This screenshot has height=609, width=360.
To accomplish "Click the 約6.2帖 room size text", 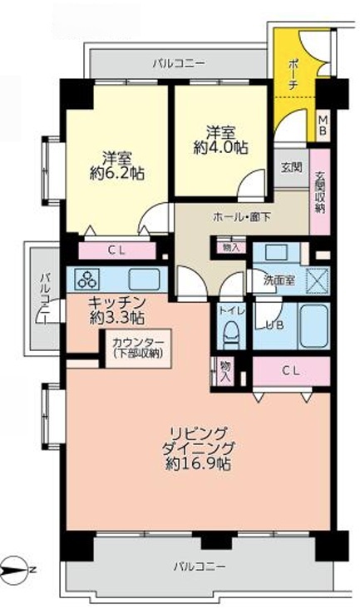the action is [117, 173].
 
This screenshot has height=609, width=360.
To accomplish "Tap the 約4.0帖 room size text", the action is [220, 147].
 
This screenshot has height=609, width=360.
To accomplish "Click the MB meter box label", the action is [323, 126].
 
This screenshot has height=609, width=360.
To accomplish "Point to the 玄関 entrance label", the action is [292, 168].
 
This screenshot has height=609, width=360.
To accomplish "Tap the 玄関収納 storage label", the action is [319, 192].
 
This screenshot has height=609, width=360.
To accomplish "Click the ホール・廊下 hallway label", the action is [242, 217].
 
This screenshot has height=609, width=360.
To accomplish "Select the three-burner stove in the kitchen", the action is [88, 279].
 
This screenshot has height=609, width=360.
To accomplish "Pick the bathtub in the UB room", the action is [314, 326].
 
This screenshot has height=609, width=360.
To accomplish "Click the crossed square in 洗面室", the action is [318, 281].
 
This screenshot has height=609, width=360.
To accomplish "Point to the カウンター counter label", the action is [138, 342].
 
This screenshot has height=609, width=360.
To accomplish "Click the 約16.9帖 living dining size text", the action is [198, 463].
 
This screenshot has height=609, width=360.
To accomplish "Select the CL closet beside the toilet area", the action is [291, 371].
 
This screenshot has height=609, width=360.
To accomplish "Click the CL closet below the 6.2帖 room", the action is [117, 251].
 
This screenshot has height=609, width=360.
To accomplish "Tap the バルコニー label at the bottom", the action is [199, 567].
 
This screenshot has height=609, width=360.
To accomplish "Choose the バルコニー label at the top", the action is [179, 63].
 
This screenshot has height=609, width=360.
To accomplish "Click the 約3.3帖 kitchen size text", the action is [117, 318].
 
